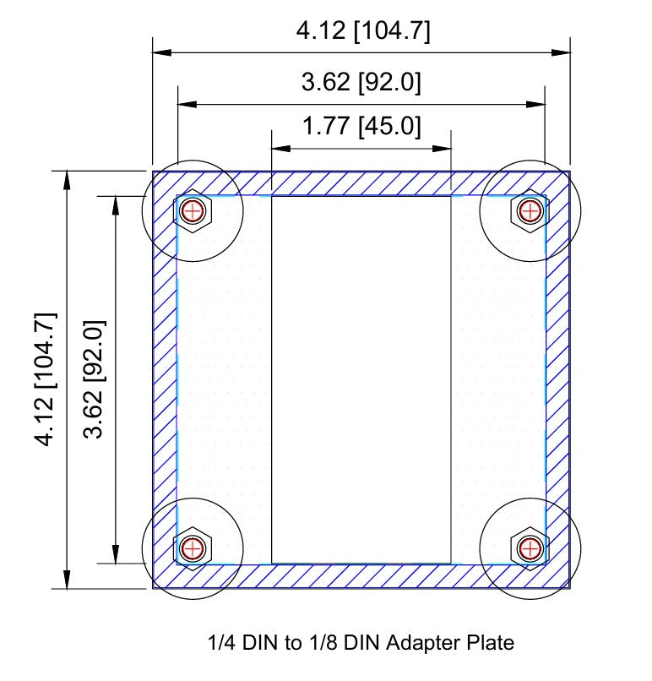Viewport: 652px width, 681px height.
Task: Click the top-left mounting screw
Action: [193, 210]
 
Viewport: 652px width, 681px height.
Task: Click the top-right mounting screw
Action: [530, 210]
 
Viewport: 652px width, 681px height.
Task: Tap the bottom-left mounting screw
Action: [193, 548]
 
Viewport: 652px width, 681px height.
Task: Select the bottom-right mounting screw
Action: [530, 548]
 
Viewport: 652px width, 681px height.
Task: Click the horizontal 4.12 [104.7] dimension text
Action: [362, 32]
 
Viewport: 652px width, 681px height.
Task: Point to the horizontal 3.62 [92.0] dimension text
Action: [361, 83]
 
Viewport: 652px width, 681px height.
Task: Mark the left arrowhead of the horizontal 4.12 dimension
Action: [163, 52]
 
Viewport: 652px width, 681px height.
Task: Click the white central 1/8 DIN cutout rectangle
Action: [361, 379]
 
